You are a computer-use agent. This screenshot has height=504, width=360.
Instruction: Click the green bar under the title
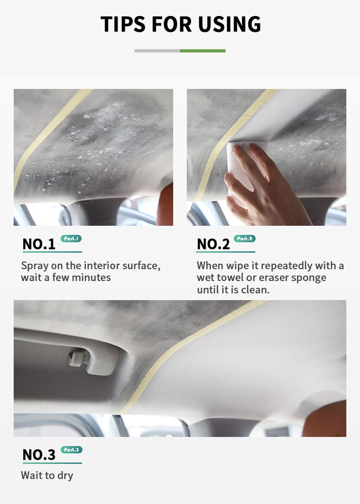point(203,51)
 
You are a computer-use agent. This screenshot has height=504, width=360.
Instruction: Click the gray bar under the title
point(157,51)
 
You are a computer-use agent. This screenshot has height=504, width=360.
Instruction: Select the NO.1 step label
point(39,244)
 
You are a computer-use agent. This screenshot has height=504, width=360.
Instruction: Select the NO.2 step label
point(213,244)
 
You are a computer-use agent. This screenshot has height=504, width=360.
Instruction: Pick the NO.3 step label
point(39,454)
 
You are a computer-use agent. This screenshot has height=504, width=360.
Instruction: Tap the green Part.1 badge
point(71,239)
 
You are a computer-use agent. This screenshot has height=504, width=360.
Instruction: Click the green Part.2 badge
point(245,239)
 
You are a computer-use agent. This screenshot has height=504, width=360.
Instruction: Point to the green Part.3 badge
point(71,450)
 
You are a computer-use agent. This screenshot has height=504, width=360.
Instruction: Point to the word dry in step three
point(65,475)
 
